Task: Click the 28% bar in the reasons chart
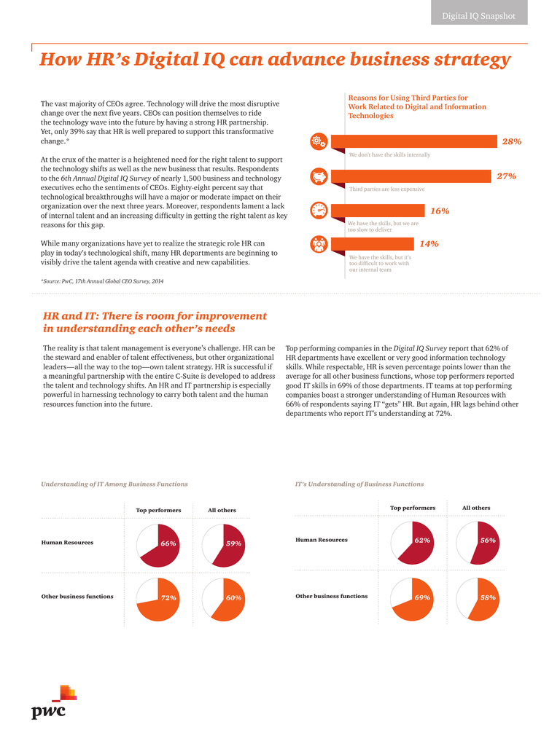tap(414, 141)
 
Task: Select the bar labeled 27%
tap(411, 176)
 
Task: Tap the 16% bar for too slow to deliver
tap(378, 211)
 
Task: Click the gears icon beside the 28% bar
tap(319, 141)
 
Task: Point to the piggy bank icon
tap(319, 176)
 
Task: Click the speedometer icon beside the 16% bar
tap(319, 211)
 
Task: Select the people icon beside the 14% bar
tap(319, 244)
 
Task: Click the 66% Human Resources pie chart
tap(158, 546)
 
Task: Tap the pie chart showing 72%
tap(158, 600)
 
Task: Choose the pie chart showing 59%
tap(223, 546)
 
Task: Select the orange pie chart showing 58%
tap(478, 600)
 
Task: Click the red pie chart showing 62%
tap(413, 543)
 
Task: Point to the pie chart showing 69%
tap(413, 600)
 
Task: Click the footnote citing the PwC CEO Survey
tap(102, 281)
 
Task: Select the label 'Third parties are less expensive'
tap(386, 189)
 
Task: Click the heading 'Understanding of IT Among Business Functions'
tap(114, 484)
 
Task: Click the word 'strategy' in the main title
tap(472, 60)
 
